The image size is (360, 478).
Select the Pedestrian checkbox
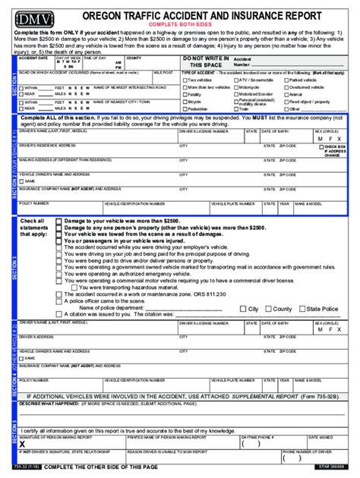tap(185, 108)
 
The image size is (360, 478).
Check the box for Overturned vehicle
tap(286, 87)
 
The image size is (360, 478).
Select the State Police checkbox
tap(302, 309)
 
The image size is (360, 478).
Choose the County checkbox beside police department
tap(267, 309)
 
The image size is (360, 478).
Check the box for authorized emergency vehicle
tap(59, 274)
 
